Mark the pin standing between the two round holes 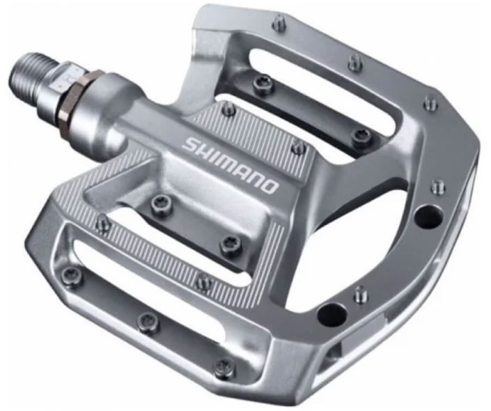[x=359, y=293]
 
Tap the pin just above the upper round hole [x=438, y=187]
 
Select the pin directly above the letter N [x=297, y=147]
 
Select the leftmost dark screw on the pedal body [x=75, y=275]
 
